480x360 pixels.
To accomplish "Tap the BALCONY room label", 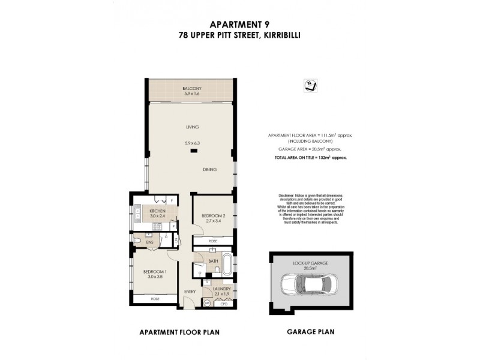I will click(191, 89).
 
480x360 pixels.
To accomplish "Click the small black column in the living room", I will click(193, 151).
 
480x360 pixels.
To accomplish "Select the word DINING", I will click(209, 170).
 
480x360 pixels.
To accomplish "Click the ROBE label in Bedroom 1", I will click(154, 298).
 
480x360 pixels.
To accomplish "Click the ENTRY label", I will click(190, 292).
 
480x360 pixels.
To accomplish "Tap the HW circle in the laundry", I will click(208, 303).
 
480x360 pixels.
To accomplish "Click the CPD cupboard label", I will click(225, 303).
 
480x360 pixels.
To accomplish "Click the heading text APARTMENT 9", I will click(239, 25).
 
